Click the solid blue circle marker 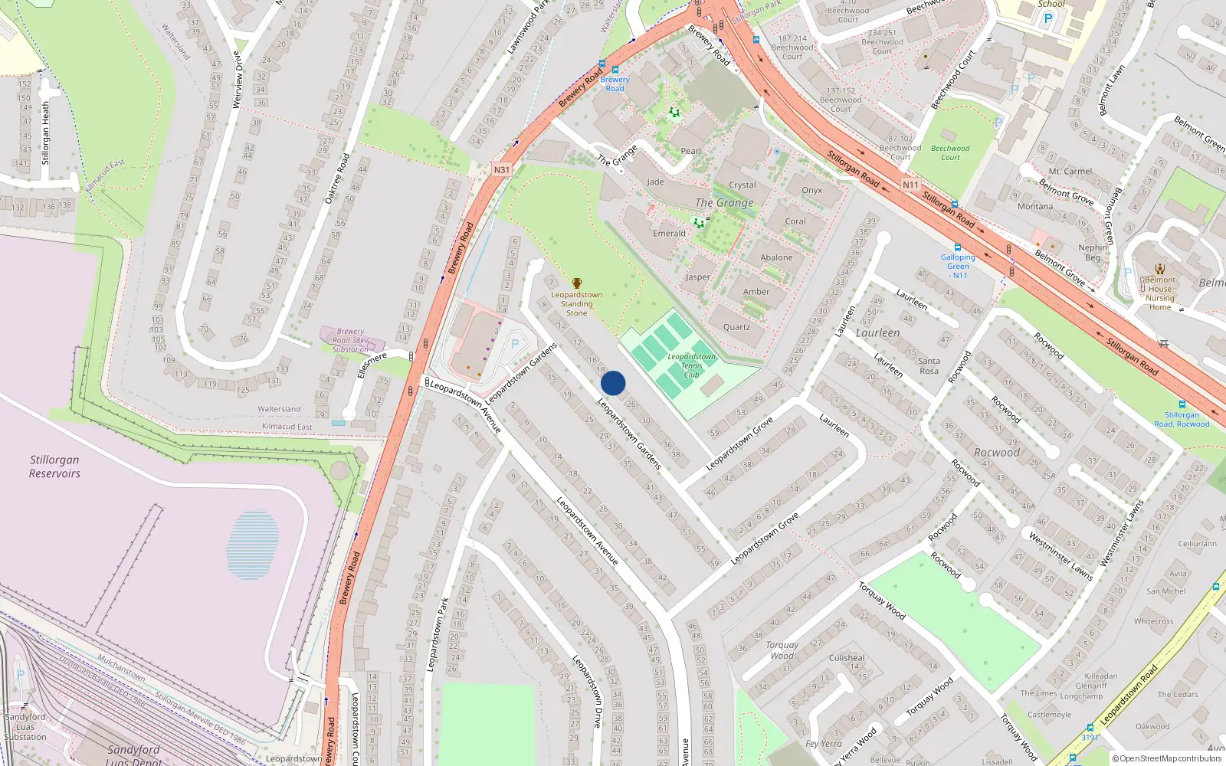pos(613,383)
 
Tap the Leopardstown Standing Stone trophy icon pos(577,284)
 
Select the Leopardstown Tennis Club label pos(691,365)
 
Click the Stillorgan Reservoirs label pos(54,466)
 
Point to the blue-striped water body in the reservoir pos(253,544)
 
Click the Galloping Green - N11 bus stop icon pos(958,247)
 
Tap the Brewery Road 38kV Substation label pos(350,340)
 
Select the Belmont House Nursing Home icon pos(1159,269)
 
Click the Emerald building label pos(669,234)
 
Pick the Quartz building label pos(736,327)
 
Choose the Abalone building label pos(776,258)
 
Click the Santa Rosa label pos(929,365)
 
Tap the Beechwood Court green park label pos(950,152)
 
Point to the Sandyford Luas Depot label pos(133,755)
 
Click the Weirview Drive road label pos(238,79)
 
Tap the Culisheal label pos(847,658)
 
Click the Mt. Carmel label pos(1070,172)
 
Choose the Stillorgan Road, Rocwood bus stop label pos(1182,419)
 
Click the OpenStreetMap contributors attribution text pos(1166,759)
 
